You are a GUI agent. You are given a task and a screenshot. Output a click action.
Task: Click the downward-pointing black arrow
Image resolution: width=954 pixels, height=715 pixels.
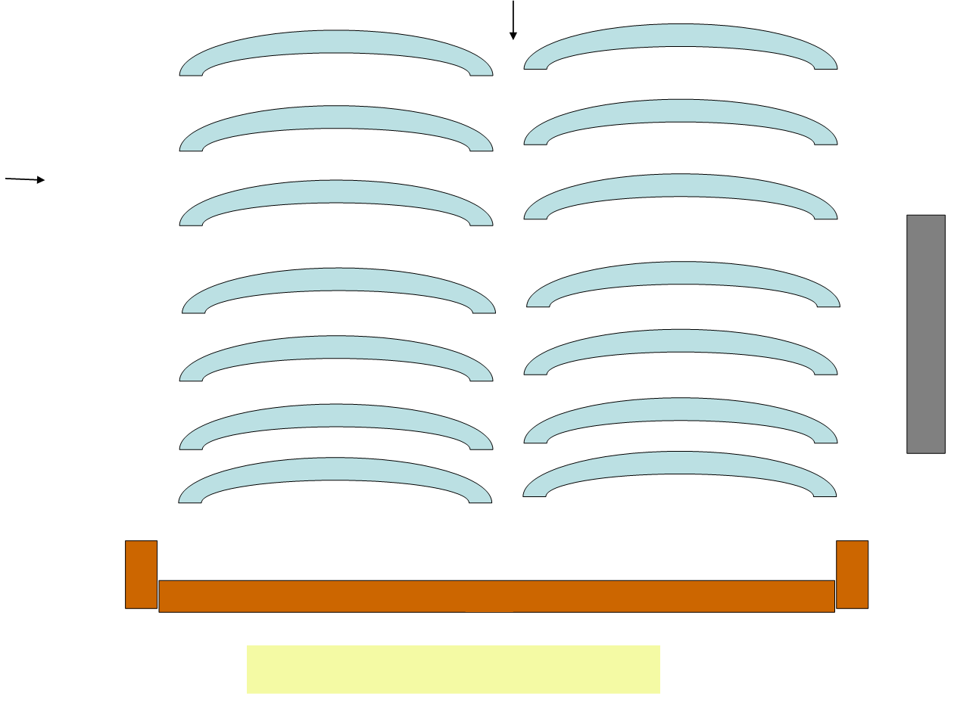click(513, 20)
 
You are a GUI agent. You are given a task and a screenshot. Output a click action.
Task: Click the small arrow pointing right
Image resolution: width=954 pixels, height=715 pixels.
click(25, 179)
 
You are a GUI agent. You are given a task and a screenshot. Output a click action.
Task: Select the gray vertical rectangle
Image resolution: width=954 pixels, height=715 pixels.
click(926, 334)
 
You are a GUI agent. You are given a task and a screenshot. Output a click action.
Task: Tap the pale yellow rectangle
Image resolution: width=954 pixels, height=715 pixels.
click(453, 669)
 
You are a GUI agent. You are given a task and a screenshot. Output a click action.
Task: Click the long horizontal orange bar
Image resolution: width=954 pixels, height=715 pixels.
click(496, 596)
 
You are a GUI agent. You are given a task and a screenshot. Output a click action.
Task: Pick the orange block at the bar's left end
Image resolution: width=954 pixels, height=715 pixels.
click(141, 574)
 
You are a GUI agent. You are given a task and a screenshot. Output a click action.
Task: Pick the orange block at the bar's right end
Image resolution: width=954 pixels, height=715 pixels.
click(852, 574)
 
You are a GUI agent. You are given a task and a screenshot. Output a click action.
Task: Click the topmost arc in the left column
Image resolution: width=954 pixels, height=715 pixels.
click(336, 42)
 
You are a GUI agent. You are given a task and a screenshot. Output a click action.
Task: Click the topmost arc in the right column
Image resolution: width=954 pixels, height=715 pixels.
click(681, 36)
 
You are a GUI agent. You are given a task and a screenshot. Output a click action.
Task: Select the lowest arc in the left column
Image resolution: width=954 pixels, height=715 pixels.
click(335, 469)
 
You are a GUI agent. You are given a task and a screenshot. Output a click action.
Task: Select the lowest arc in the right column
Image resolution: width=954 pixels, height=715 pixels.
click(680, 463)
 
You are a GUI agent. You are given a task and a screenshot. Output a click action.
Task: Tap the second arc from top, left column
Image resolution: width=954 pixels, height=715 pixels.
click(336, 117)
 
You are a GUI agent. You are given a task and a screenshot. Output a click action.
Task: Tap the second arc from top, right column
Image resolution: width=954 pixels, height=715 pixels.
click(681, 110)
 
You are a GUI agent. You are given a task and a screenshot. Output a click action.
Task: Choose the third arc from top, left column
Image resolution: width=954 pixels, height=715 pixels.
click(336, 192)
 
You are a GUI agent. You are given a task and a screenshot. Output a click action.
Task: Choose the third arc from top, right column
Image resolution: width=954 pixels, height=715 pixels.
click(681, 185)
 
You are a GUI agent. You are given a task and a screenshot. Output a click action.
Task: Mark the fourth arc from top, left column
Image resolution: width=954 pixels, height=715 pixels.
click(339, 279)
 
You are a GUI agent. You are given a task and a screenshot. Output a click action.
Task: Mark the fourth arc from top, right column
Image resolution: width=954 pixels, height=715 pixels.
click(683, 273)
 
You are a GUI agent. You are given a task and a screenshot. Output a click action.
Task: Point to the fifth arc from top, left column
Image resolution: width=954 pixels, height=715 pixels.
click(336, 347)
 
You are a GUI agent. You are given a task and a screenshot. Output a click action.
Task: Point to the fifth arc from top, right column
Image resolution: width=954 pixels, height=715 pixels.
click(681, 340)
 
